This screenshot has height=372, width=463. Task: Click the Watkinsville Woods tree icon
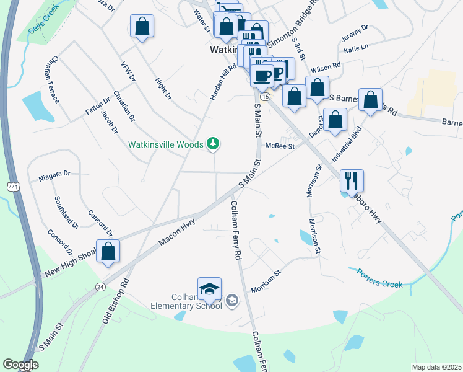click(x=214, y=144)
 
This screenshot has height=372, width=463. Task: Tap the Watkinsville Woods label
click(x=165, y=144)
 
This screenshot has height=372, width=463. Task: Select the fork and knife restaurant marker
click(x=352, y=180)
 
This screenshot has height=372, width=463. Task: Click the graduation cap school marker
click(x=209, y=289)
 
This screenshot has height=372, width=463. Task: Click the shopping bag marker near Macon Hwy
click(x=108, y=251)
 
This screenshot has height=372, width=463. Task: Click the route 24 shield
click(x=100, y=286)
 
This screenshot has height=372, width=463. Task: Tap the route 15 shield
click(x=265, y=97)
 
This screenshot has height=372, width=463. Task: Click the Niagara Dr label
click(x=54, y=176)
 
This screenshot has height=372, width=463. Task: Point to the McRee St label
click(x=279, y=146)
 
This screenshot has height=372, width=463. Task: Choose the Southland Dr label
click(x=66, y=211)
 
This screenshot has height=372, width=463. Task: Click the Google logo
click(x=20, y=365)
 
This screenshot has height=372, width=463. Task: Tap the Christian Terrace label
click(x=51, y=79)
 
